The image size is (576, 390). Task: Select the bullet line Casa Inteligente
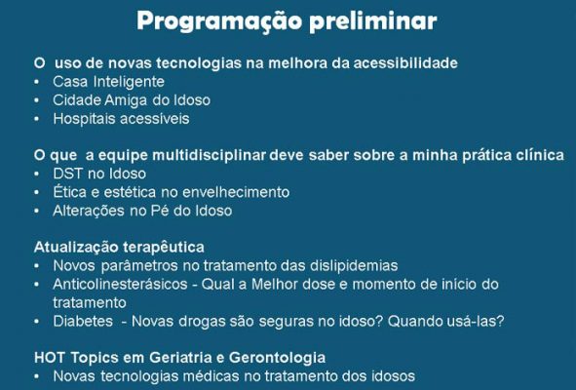pos(108,82)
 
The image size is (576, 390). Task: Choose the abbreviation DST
pos(69,174)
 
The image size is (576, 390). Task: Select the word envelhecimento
pos(230,192)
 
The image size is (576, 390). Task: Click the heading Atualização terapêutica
pos(119,248)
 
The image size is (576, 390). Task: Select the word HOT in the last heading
pos(51,357)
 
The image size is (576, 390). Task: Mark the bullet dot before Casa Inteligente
pos(37,83)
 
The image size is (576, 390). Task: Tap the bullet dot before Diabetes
pos(37,321)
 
